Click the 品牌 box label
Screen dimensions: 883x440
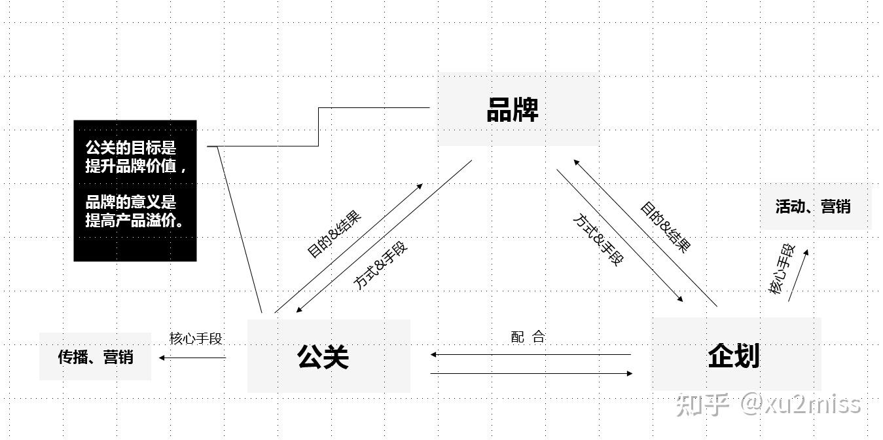(513, 109)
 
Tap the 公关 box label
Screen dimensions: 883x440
(323, 357)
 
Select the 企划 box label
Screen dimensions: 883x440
(734, 356)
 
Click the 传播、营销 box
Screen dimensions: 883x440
(96, 357)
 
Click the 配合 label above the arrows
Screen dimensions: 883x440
(528, 337)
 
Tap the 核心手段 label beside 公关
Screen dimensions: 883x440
(196, 339)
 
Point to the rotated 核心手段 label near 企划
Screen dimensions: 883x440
(782, 269)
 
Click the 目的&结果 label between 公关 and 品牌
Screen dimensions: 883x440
(334, 234)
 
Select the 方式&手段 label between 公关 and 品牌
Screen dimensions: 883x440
(380, 265)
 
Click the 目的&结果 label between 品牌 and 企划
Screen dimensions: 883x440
(666, 227)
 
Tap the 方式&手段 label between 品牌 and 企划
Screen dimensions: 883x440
(598, 240)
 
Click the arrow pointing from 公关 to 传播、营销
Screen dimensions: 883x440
(192, 358)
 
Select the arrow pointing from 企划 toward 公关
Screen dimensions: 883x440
(531, 354)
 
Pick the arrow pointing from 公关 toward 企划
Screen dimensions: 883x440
(532, 373)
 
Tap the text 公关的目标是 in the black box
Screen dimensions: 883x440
(131, 148)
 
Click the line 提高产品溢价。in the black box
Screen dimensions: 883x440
(135, 221)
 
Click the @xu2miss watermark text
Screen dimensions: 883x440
(801, 405)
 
